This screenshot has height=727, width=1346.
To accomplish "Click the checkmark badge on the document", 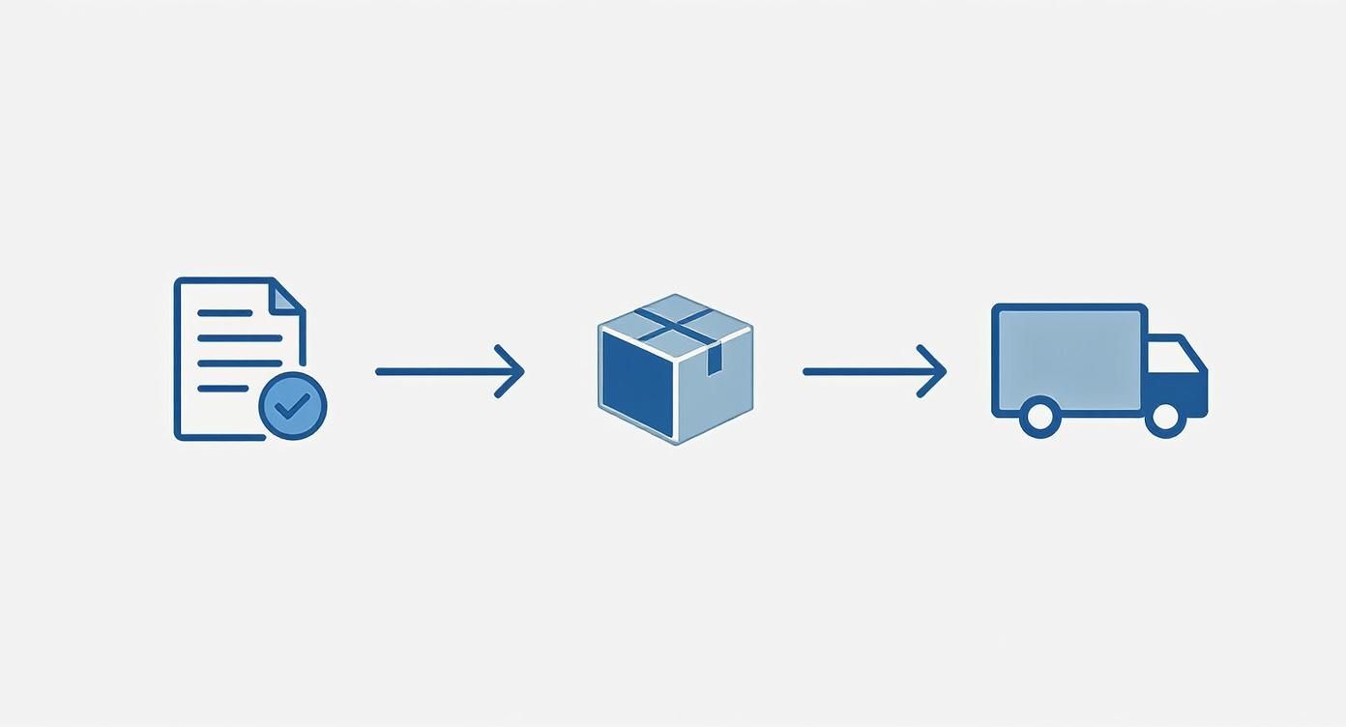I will [293, 406].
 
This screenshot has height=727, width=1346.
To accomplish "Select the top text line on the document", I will [224, 313].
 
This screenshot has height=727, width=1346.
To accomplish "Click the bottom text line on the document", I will [223, 389].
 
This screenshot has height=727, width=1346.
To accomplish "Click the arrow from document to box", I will [445, 371].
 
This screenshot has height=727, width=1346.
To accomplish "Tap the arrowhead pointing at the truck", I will [936, 371].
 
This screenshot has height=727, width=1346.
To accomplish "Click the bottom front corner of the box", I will [675, 441].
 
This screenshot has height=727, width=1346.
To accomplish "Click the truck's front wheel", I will [1164, 417].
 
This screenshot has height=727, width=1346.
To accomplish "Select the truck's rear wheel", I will [1039, 417].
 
